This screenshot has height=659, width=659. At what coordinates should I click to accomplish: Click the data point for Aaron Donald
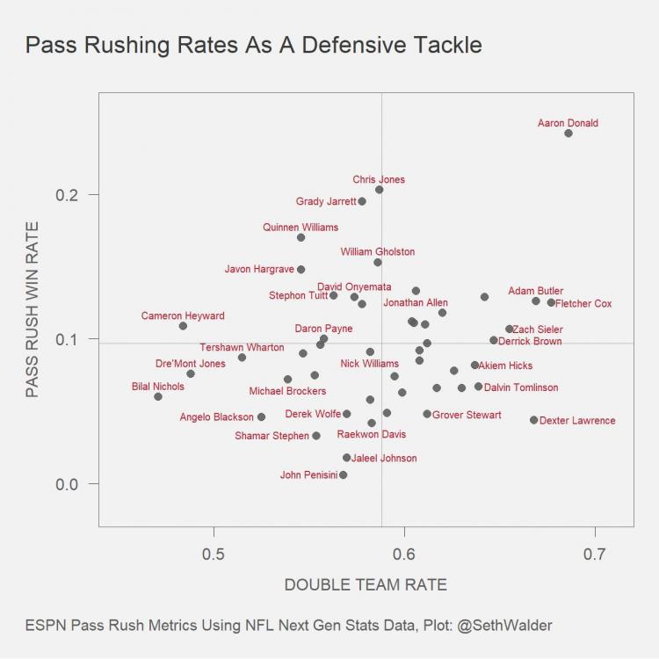(x=568, y=134)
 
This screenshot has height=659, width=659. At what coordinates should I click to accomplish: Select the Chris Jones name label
(x=379, y=180)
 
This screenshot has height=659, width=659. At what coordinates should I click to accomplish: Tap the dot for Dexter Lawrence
(x=533, y=420)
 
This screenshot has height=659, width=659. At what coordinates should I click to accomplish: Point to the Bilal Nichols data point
(x=158, y=396)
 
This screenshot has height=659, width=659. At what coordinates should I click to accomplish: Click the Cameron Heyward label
(x=183, y=316)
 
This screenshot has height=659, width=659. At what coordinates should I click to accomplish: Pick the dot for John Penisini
(x=343, y=474)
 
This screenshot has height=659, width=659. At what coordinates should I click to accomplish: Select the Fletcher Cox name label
(x=584, y=304)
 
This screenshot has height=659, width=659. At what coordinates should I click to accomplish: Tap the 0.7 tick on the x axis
(x=595, y=554)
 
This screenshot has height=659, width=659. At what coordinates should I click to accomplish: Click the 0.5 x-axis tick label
(x=214, y=554)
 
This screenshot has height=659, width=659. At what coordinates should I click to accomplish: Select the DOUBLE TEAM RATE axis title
(x=366, y=585)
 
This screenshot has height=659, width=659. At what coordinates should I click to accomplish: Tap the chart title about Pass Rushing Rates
(x=254, y=44)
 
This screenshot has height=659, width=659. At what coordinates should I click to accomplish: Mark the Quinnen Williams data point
(x=301, y=237)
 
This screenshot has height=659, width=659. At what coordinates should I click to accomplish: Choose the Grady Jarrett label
(x=326, y=201)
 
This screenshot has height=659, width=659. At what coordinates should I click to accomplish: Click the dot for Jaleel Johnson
(x=346, y=458)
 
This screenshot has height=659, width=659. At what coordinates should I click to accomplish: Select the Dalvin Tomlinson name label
(x=521, y=387)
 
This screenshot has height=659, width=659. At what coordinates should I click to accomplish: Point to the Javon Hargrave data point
(x=301, y=270)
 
